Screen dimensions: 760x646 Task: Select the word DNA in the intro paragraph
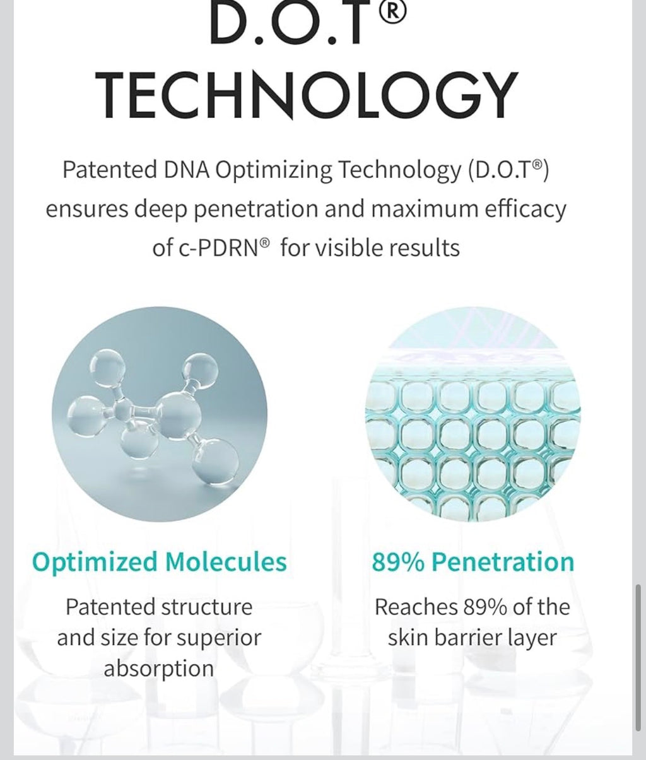(187, 170)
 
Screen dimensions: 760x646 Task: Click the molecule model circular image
(159, 414)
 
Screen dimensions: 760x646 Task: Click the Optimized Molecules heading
(159, 561)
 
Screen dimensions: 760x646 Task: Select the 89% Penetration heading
(473, 561)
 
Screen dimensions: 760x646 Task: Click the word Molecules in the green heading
(225, 561)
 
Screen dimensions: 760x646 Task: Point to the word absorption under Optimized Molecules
(159, 669)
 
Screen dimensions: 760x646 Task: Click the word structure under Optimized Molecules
(206, 607)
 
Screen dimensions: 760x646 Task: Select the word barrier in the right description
(474, 638)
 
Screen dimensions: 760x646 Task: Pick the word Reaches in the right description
(416, 607)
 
